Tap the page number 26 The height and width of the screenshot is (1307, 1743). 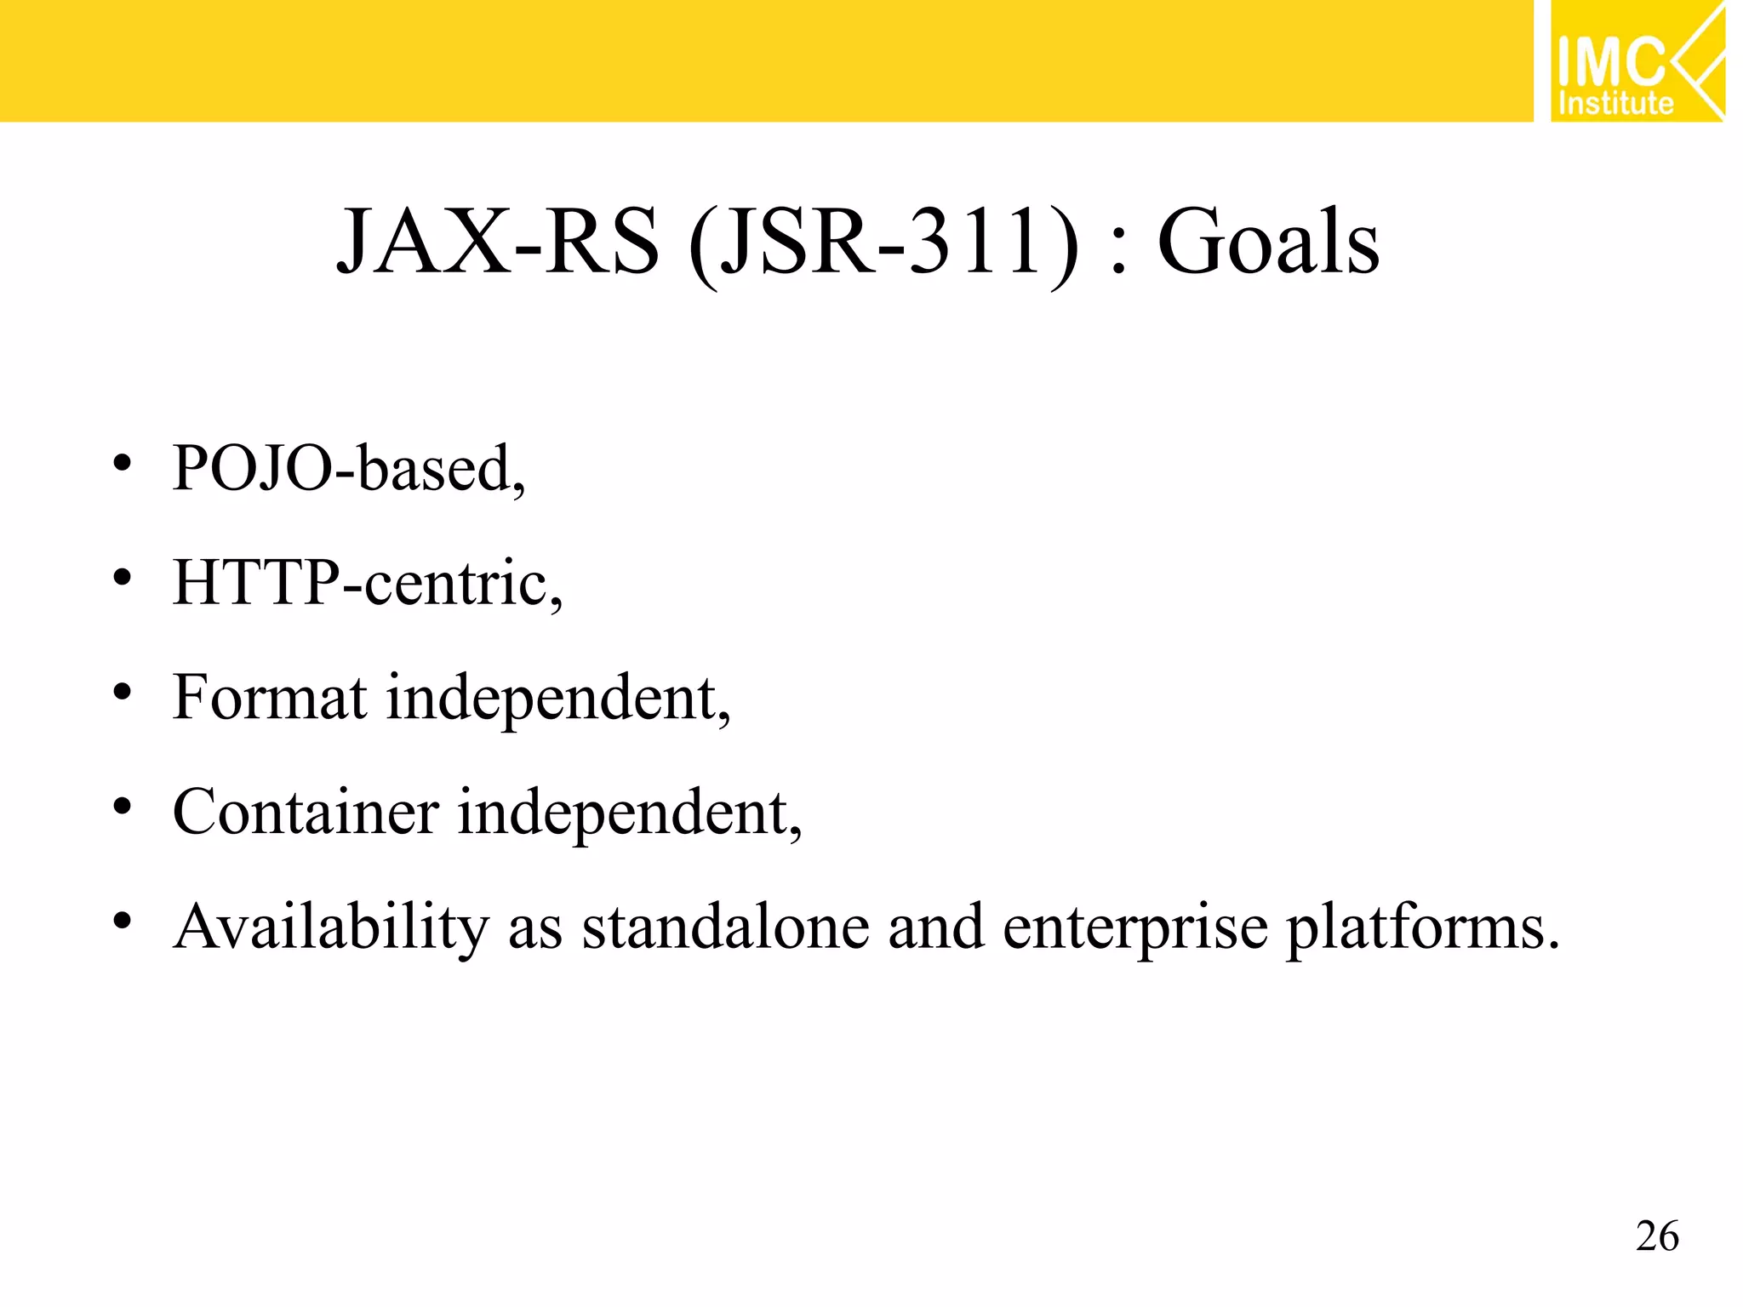coord(1657,1236)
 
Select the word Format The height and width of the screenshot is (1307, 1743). coord(270,698)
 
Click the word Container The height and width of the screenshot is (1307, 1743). coord(306,812)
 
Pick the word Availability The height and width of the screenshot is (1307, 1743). coord(331,927)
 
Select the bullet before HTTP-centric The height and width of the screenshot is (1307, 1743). coord(123,579)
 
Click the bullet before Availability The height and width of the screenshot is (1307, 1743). coord(123,921)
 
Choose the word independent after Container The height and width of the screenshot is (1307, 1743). coord(630,813)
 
